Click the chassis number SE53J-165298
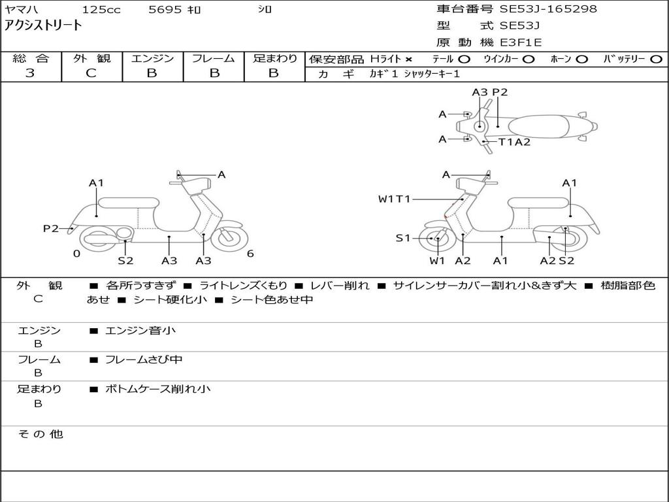point(548,9)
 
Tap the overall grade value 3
point(30,73)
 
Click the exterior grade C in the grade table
point(91,73)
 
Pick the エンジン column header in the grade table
point(152,58)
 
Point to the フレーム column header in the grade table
point(213,58)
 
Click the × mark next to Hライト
point(408,59)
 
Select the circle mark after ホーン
point(582,59)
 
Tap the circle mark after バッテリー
point(657,59)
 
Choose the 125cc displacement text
point(100,10)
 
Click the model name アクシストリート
point(44,25)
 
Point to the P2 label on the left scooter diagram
point(51,228)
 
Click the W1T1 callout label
point(394,199)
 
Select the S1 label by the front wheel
point(403,239)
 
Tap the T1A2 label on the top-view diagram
point(515,142)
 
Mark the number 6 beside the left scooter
point(250,254)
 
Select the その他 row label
point(41,434)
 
